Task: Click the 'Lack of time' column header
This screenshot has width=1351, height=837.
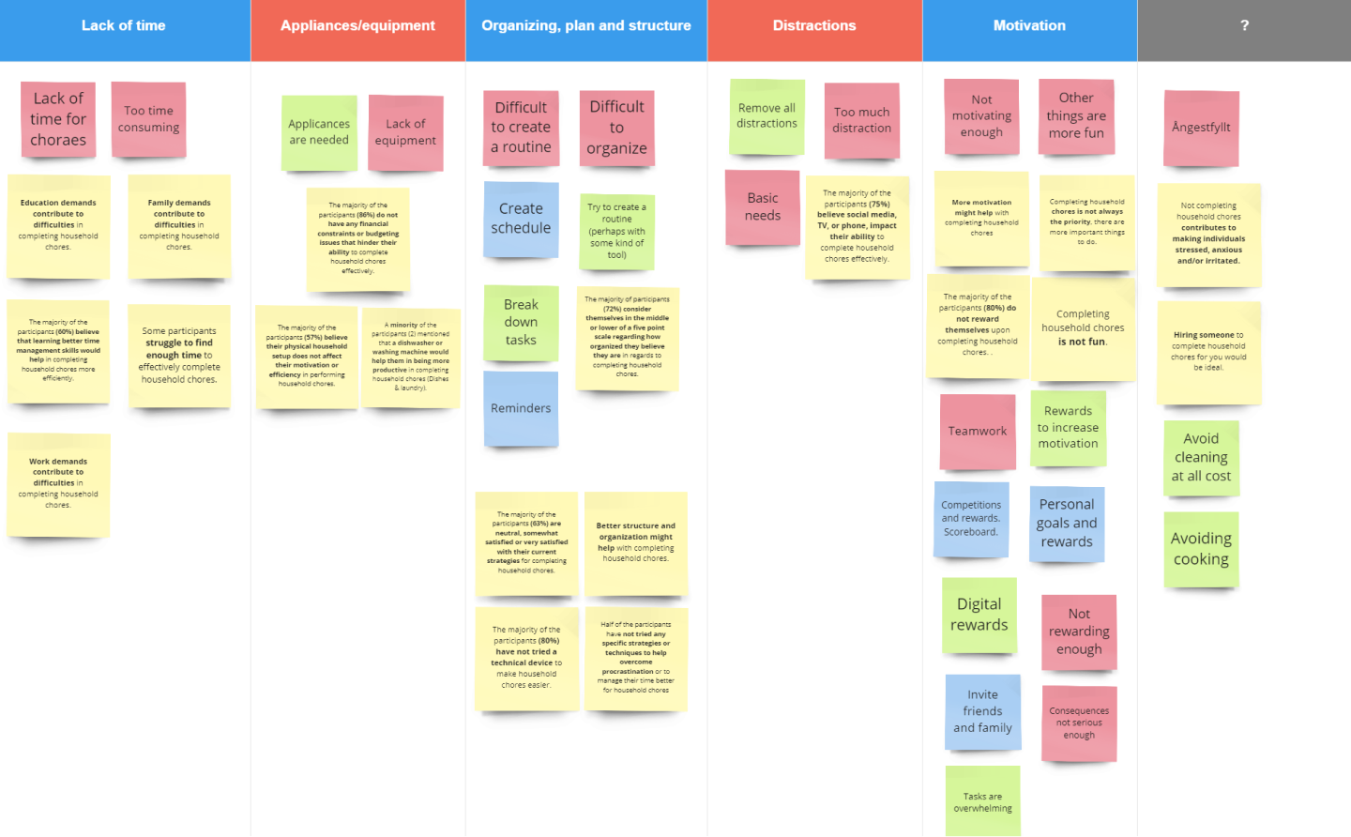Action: coord(124,26)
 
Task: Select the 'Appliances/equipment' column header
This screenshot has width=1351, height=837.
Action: coord(357,26)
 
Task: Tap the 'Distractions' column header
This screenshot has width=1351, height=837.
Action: coord(814,26)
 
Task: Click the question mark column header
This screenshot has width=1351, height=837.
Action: coord(1244,26)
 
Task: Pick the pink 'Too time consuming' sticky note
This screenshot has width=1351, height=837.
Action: coord(148,119)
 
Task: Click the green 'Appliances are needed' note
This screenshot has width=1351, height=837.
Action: coord(319,132)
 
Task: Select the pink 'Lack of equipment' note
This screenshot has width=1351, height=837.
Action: coord(405,132)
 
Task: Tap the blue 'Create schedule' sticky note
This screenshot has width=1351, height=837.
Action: coord(521,219)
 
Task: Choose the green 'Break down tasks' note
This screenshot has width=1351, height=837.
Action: coord(521,323)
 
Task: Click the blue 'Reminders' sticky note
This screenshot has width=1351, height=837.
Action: coord(521,408)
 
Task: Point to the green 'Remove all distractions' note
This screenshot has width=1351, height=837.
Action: coord(767,116)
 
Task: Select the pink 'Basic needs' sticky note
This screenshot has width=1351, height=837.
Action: coord(763,207)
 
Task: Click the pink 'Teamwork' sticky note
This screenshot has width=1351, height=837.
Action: coord(978,431)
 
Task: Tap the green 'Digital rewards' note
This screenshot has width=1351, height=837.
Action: coord(979,615)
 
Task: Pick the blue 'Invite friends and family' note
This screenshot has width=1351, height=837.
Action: coord(982,711)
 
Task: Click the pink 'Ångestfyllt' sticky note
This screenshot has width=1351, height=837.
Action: coord(1201,128)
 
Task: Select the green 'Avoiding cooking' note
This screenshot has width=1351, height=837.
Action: coord(1201,549)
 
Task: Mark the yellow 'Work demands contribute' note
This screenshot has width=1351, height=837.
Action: coord(58,483)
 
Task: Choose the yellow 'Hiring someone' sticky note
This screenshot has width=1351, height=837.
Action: coord(1208,352)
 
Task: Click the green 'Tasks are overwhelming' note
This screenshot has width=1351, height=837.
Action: coord(982,800)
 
